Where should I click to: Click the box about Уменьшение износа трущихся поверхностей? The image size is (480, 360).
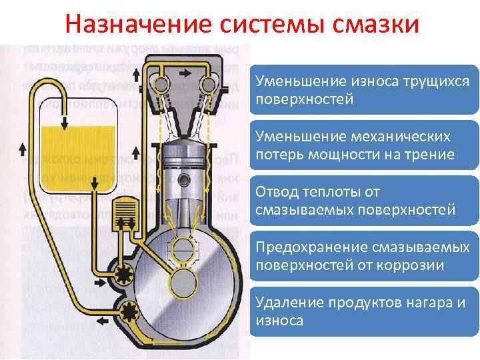pos(363,90)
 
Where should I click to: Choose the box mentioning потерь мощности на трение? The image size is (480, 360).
pos(363,145)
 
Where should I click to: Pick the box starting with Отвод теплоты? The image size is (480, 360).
pos(363,201)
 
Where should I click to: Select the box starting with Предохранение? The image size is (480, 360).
pos(363,256)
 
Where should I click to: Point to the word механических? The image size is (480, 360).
pos(394,136)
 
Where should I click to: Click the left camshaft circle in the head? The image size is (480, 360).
pos(161,84)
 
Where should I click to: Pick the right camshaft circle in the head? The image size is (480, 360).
pos(210,84)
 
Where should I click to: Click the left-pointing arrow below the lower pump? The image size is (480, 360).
pos(104,321)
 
